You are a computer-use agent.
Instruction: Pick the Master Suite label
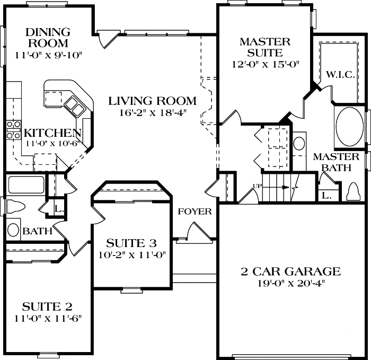265,47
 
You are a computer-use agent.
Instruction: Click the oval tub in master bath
349,127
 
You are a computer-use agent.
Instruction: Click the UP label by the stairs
258,186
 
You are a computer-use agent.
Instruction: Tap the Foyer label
195,212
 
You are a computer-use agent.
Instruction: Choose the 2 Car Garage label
290,272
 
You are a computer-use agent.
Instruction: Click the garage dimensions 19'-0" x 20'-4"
290,283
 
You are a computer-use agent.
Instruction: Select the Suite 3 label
131,243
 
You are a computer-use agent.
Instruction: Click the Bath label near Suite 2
37,231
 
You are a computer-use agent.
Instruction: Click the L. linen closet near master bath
326,196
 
